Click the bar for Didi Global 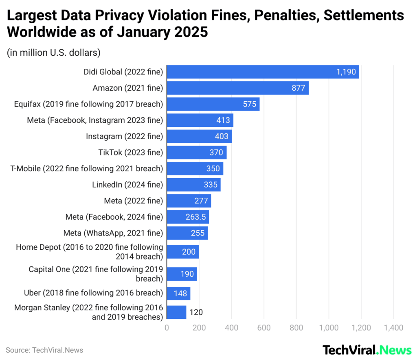pos(263,72)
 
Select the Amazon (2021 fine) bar pos(237,88)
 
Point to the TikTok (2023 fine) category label pos(130,153)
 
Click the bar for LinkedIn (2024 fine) pos(193,185)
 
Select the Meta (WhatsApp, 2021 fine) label pos(113,233)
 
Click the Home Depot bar pos(183,252)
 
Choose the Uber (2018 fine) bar pos(178,293)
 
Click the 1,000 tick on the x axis pos(329,327)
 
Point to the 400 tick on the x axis pos(231,327)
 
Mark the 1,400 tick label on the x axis pos(393,327)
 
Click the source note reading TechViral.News pos(44,350)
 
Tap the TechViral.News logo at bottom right pos(367,350)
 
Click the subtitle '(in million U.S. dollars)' pos(54,52)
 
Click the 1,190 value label pos(346,72)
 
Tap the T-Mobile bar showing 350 pos(195,168)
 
